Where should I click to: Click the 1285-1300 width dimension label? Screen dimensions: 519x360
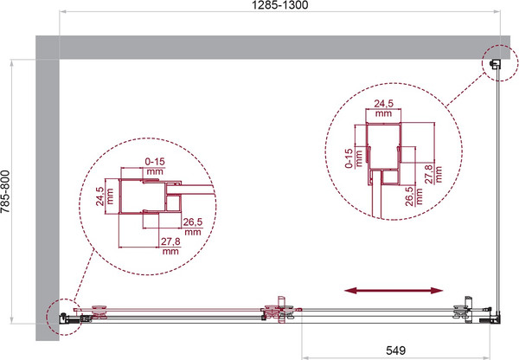[x=279, y=5]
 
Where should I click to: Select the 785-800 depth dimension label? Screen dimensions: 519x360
[x=6, y=191]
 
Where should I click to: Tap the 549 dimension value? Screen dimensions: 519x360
[x=395, y=350]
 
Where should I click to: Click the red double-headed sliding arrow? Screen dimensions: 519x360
[x=394, y=291]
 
